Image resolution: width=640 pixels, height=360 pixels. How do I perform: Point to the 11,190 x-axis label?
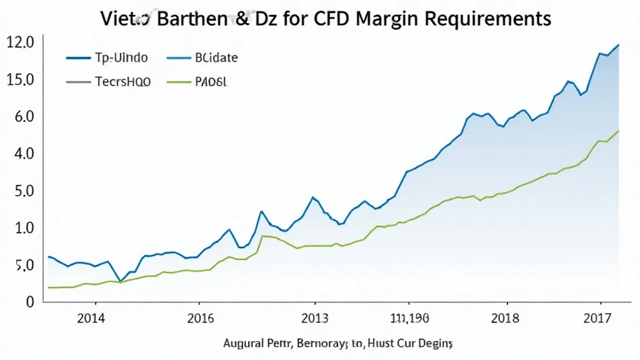coord(409,318)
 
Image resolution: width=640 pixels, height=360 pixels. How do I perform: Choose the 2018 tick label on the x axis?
coord(505,318)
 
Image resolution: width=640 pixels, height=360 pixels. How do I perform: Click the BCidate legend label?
coord(216,58)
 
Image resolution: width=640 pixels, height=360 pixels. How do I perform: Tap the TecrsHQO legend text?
coord(122,81)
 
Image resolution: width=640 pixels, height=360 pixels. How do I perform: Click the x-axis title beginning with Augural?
coord(338,344)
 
